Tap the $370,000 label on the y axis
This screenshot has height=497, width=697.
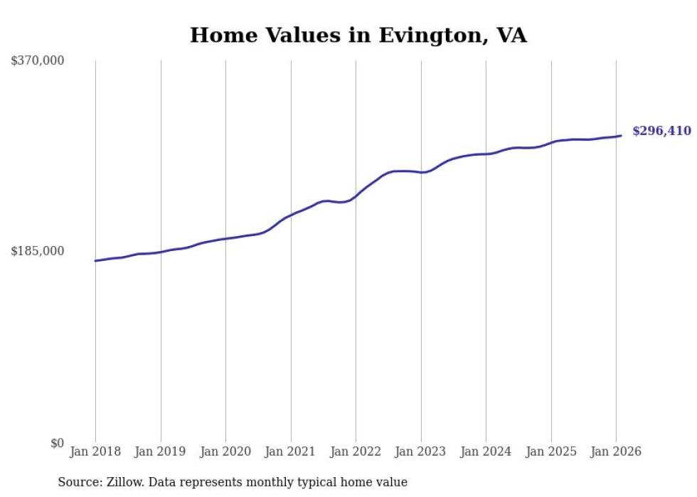37,60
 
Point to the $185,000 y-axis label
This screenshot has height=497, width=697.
37,251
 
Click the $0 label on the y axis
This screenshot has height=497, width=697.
57,443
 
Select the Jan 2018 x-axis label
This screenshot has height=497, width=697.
95,451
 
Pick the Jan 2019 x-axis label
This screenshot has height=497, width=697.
161,451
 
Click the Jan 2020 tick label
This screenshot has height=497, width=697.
225,451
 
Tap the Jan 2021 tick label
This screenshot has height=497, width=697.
291,451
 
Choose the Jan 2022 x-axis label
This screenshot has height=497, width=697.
356,451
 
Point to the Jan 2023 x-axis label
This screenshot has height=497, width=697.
421,451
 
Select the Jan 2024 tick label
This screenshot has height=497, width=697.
486,451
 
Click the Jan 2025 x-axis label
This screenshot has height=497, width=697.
551,451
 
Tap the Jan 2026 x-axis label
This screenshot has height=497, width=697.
616,451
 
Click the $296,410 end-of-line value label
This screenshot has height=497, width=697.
661,131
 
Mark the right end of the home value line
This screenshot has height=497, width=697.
621,136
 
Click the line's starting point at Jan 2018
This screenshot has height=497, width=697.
95,261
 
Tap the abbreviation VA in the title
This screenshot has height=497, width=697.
511,36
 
